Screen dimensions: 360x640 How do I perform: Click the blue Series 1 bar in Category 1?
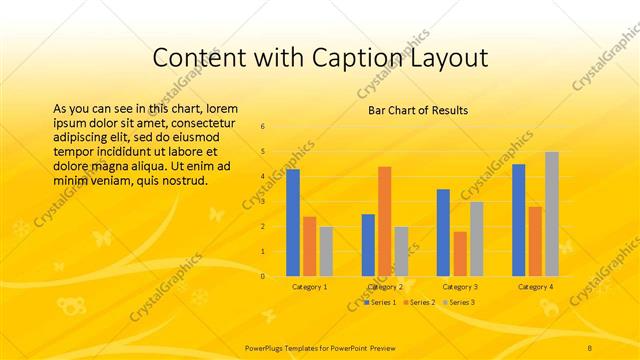pyautogui.click(x=293, y=223)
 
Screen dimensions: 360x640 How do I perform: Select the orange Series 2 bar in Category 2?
pyautogui.click(x=385, y=221)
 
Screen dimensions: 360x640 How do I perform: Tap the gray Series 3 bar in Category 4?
pyautogui.click(x=552, y=214)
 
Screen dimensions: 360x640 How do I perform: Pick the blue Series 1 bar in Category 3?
pyautogui.click(x=443, y=233)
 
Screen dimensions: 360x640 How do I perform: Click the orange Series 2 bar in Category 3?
pyautogui.click(x=460, y=254)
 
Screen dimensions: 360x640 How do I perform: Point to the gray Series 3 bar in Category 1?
pyautogui.click(x=326, y=251)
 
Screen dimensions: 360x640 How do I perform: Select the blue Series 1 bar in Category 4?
pyautogui.click(x=518, y=220)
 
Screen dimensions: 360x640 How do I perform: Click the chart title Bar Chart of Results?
pyautogui.click(x=412, y=109)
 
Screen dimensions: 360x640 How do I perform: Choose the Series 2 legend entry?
pyautogui.click(x=421, y=302)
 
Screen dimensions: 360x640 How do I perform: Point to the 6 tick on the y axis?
pyautogui.click(x=262, y=127)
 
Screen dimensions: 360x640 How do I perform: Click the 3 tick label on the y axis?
pyautogui.click(x=262, y=202)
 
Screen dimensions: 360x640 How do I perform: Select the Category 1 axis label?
pyautogui.click(x=309, y=287)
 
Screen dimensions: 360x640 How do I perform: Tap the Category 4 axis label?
pyautogui.click(x=535, y=287)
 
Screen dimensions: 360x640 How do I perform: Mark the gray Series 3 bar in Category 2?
pyautogui.click(x=401, y=251)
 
